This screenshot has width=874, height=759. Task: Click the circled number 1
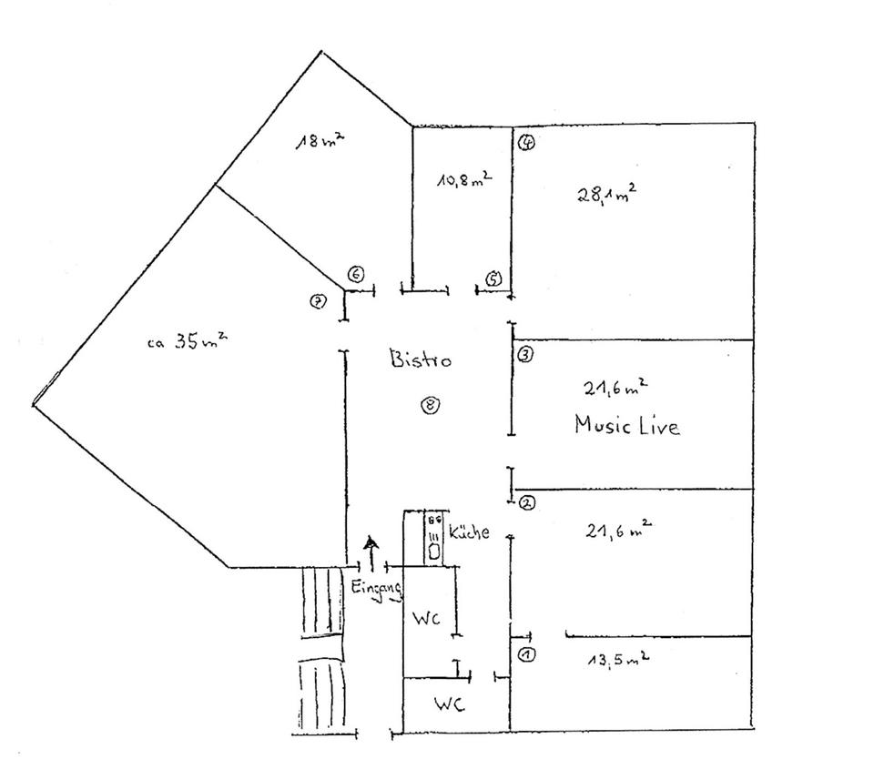click(x=526, y=654)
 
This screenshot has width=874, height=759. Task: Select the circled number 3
click(x=525, y=355)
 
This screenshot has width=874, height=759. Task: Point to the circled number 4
click(x=526, y=142)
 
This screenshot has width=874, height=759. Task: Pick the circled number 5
click(x=493, y=278)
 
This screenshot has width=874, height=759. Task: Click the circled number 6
click(x=356, y=274)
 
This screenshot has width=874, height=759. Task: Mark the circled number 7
click(x=319, y=303)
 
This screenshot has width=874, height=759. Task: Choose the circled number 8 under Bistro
click(x=430, y=406)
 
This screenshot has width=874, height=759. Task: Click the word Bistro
click(x=421, y=359)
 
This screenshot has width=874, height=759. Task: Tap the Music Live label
click(x=626, y=425)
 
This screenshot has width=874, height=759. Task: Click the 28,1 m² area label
click(x=606, y=194)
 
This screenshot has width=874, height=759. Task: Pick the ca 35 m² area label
click(x=187, y=343)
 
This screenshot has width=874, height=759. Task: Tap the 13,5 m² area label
click(x=618, y=660)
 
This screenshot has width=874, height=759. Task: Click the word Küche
click(x=469, y=532)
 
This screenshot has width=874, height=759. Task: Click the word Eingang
click(x=377, y=589)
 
